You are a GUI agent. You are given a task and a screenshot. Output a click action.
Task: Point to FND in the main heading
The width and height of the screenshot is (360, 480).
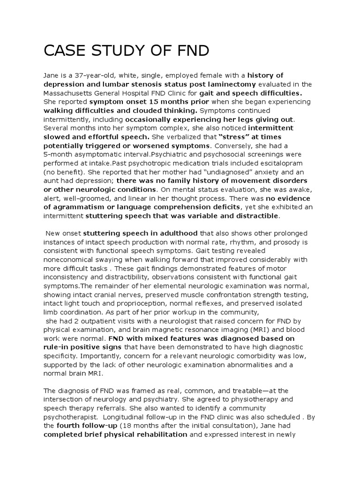tap(190, 51)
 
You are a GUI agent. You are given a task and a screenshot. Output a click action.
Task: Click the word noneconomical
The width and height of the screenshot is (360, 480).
tap(70, 259)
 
